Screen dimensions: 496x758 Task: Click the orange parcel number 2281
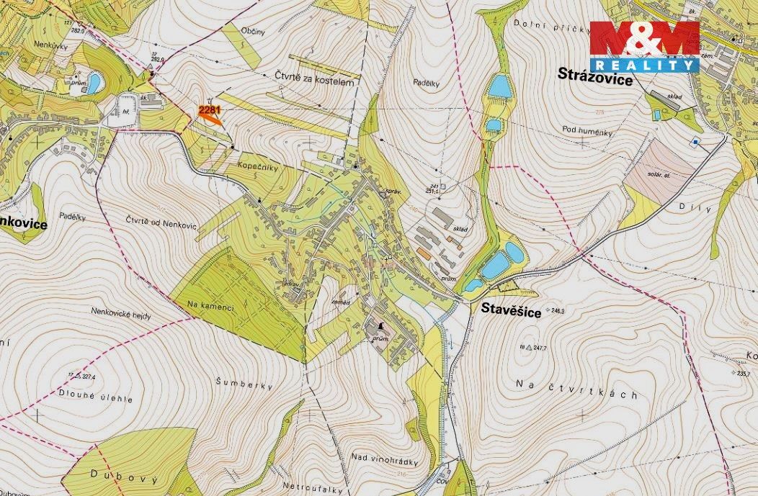208,109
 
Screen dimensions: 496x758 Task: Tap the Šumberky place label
245,385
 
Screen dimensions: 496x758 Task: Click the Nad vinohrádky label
385,456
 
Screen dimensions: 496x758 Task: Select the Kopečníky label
257,166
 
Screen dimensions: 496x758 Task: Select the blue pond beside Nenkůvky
94,84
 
